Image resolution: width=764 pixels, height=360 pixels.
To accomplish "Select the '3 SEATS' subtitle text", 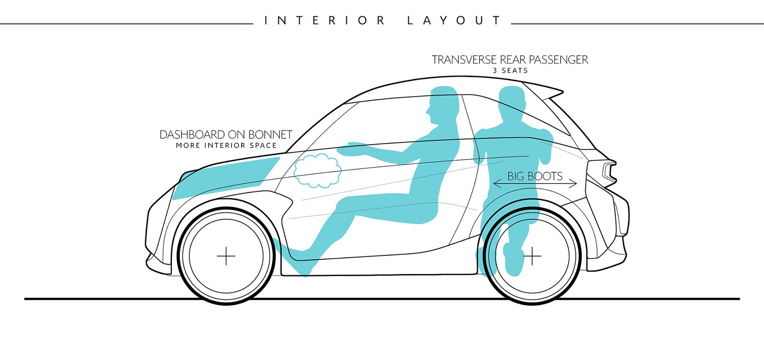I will click(510, 71).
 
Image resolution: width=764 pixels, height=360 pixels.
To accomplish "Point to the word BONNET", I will click(270, 135).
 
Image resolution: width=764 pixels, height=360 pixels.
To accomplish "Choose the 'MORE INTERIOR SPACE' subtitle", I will click(226, 146).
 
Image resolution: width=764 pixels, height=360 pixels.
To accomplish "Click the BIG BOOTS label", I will click(535, 176).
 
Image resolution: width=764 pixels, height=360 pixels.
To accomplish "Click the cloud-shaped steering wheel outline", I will click(318, 170).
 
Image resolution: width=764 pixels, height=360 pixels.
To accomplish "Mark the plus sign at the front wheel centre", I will click(226, 256).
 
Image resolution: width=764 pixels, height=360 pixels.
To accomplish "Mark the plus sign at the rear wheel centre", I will click(532, 256).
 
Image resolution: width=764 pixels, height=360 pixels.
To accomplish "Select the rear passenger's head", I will click(511, 101).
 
